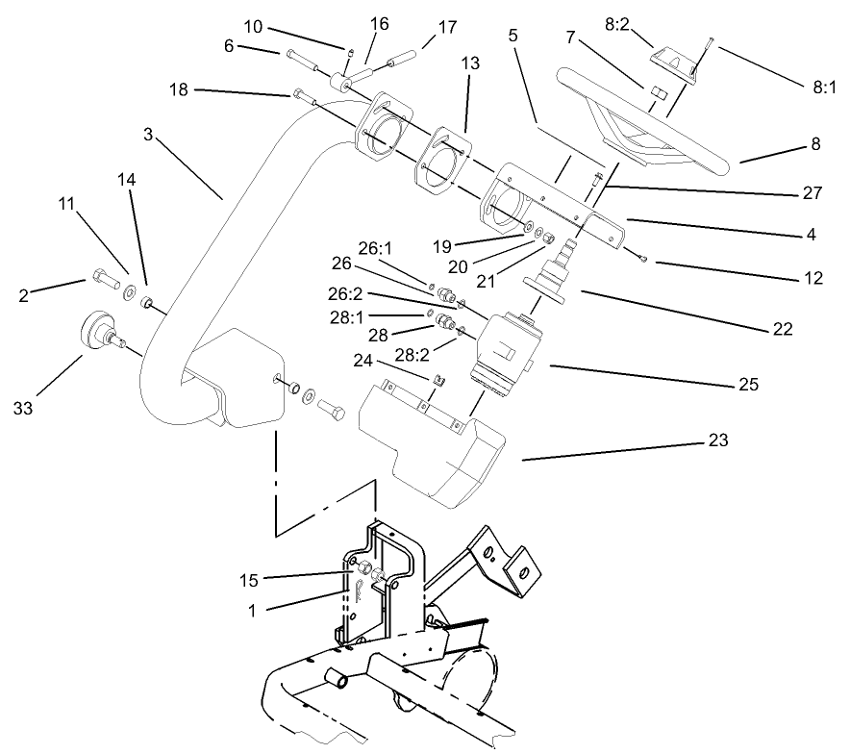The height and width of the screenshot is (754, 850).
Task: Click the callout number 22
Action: click(x=781, y=329)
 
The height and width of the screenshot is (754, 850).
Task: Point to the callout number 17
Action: click(x=448, y=29)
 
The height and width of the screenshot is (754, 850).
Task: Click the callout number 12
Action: click(x=813, y=279)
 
